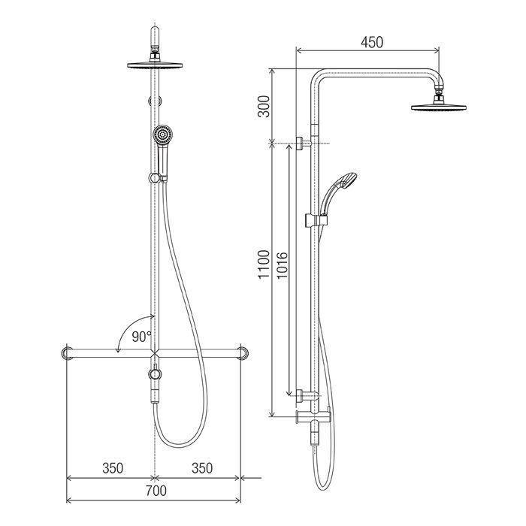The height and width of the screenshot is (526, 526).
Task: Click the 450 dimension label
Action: (x=372, y=42)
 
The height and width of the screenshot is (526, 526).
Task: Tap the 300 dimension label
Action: (x=264, y=107)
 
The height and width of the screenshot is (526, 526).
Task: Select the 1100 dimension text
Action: (x=264, y=265)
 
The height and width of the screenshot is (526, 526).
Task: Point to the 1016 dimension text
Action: (x=282, y=265)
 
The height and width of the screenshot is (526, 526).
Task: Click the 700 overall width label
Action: (x=156, y=491)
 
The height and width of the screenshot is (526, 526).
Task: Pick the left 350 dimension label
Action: (x=113, y=468)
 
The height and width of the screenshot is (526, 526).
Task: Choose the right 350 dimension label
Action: (x=202, y=468)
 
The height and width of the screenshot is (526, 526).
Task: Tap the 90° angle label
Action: (x=141, y=337)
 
